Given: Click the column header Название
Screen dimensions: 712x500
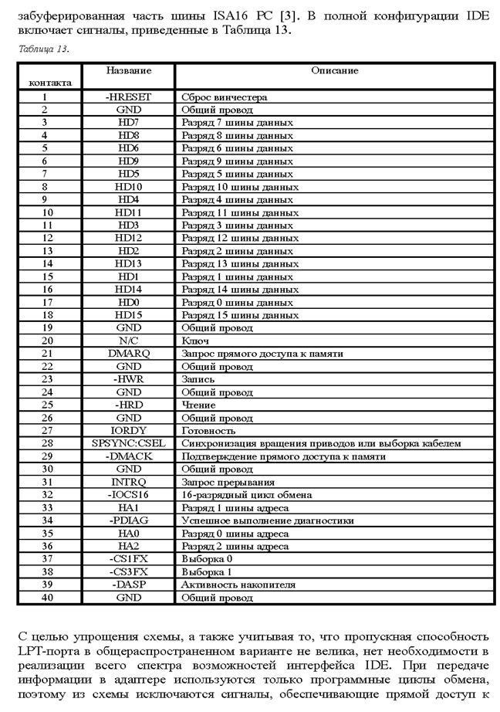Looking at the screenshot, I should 129,70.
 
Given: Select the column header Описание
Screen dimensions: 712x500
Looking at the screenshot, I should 334,70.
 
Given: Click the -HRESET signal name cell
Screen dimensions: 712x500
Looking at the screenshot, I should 129,97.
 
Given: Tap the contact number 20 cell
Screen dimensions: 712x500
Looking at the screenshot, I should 47,341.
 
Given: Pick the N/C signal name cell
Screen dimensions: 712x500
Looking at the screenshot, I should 129,341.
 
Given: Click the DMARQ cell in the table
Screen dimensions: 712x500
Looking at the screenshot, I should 129,354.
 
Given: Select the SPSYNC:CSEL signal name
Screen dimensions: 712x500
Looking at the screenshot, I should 129,443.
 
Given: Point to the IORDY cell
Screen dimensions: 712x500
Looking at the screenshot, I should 129,430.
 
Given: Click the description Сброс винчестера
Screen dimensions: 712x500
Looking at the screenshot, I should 224,97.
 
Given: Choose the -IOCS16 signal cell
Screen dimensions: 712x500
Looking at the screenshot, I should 129,494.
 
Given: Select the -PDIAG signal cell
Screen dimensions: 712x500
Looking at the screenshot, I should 129,520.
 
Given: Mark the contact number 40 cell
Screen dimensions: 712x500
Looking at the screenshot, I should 47,597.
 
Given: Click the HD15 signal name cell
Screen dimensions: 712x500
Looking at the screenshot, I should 129,315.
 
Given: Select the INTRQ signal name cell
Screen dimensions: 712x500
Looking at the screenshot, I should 129,482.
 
